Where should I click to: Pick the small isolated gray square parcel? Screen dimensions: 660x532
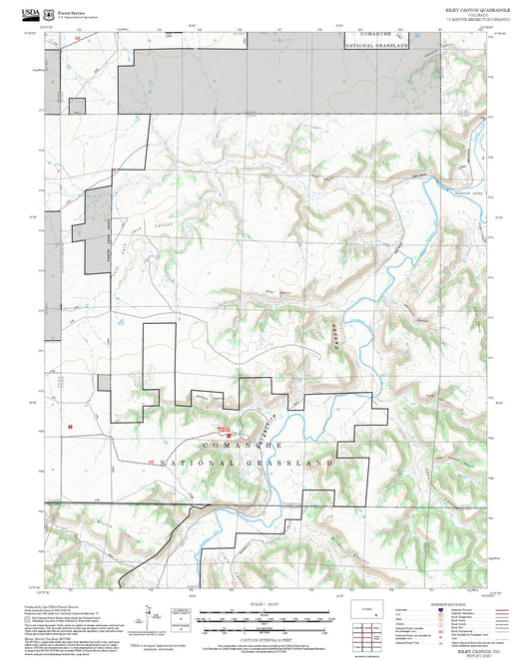pos(103,382)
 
